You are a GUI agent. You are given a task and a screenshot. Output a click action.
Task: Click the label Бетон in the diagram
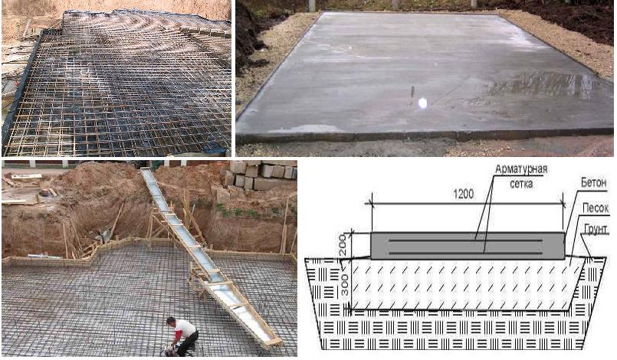[x=593, y=183]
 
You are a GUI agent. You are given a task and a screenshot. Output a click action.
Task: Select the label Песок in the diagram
[x=596, y=208]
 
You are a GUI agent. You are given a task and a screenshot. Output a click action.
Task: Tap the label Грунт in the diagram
[x=596, y=229]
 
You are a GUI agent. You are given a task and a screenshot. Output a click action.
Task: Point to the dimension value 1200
[x=464, y=194]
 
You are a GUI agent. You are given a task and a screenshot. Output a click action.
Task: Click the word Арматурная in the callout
[x=521, y=169]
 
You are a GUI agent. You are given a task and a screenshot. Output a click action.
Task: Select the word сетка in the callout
[x=521, y=184]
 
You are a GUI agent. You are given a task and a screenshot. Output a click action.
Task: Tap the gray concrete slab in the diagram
[x=468, y=246]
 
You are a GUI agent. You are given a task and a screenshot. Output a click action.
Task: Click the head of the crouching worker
[x=171, y=321]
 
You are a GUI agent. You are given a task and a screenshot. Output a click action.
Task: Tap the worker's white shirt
[x=184, y=328]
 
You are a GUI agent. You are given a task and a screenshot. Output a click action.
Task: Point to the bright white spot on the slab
[x=422, y=103]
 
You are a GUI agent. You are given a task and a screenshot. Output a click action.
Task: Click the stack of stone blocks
[x=260, y=176]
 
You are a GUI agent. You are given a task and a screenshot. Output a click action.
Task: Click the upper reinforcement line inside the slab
[x=465, y=241]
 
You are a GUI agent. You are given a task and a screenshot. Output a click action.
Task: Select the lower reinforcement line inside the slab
[x=465, y=253]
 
